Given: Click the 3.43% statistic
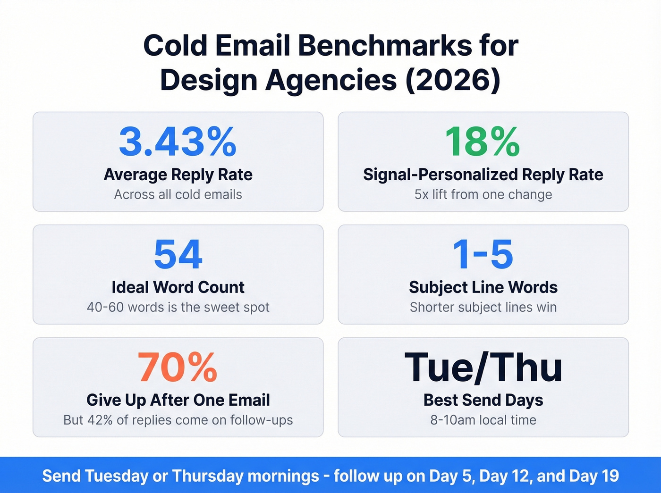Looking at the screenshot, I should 178,142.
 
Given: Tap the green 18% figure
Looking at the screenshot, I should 483,142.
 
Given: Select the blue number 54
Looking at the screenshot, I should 178,254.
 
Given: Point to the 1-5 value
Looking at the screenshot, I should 483,254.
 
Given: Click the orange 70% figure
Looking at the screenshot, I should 178,367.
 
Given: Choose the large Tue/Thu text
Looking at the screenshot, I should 483,367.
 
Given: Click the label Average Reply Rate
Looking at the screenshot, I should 178,175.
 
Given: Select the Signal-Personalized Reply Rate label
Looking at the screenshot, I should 483,175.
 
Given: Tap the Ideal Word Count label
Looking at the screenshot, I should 178,287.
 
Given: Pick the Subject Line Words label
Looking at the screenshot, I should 483,287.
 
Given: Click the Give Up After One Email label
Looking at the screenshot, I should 178,400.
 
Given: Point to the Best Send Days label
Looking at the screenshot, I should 483,400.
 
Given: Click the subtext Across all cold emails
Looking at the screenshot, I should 178,194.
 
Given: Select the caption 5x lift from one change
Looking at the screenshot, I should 483,194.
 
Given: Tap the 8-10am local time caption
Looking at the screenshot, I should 483,420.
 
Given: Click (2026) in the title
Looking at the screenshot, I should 452,80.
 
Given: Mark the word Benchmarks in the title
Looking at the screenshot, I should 384,46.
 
